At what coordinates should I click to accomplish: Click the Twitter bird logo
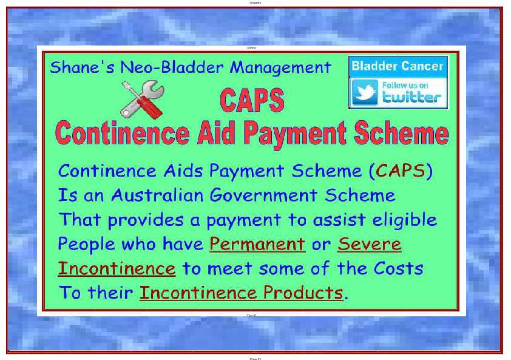click(x=365, y=93)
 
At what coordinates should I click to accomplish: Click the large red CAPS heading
click(x=252, y=100)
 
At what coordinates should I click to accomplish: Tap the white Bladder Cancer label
click(x=398, y=66)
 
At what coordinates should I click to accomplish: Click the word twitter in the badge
click(x=411, y=97)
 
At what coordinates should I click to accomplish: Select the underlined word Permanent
click(x=257, y=244)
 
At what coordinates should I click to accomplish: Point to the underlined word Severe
click(x=369, y=244)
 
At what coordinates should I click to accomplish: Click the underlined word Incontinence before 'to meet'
click(x=117, y=268)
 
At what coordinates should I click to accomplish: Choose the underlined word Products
click(x=303, y=293)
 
